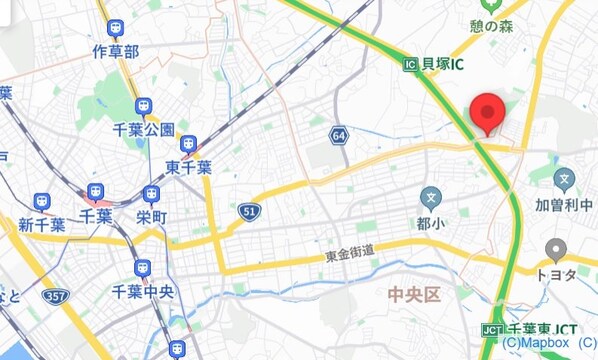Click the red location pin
coord(487,113)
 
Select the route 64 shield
coord(341,134)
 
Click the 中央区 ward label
coord(414,295)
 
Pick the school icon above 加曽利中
coord(564,182)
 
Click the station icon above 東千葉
coord(188,146)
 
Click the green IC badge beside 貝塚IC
coord(410,64)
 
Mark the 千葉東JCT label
coord(538,329)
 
